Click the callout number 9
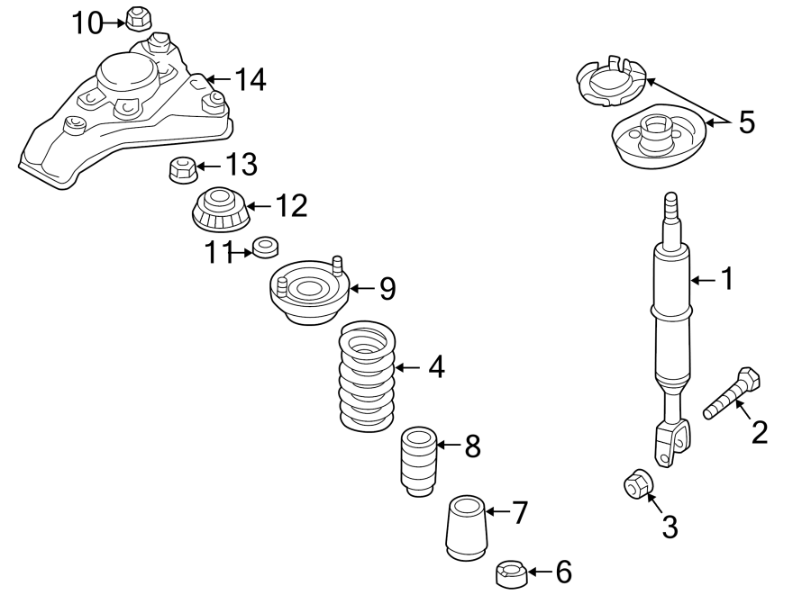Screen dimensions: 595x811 [387, 288]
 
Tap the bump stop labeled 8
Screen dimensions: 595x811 [417, 461]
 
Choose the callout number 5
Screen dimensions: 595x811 [746, 122]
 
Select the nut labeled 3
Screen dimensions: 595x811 [638, 483]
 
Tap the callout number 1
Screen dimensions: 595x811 [726, 280]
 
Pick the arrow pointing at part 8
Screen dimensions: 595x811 [449, 445]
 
